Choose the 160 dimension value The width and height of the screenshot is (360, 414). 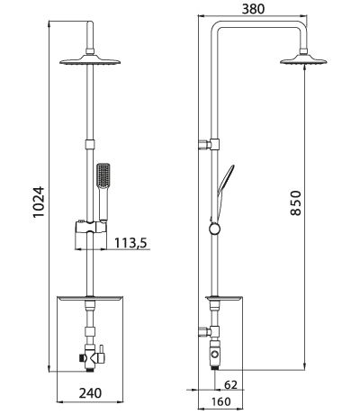point(219,402)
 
